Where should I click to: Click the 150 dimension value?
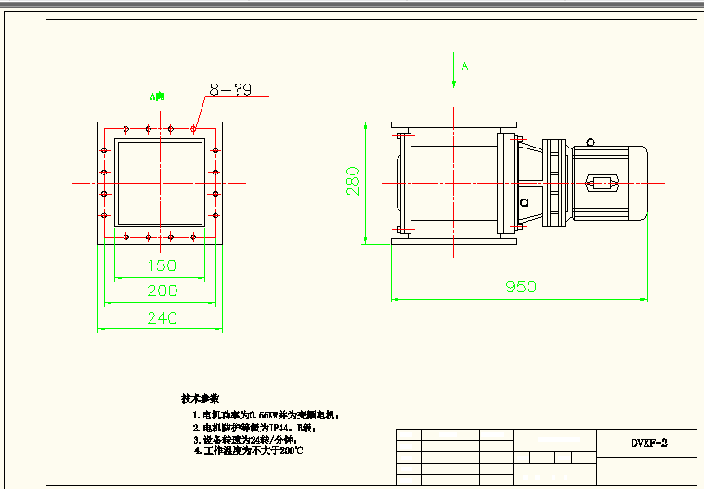[163, 265]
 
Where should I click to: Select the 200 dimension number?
[163, 290]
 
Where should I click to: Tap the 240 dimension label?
[163, 317]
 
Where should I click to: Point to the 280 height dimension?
[353, 182]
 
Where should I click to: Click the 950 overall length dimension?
[520, 287]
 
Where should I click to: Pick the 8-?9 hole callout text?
[230, 89]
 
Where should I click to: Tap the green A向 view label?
[157, 96]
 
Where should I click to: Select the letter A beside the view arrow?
[465, 67]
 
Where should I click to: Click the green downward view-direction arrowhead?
[453, 82]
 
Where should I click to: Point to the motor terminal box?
[602, 183]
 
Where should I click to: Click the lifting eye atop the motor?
[592, 143]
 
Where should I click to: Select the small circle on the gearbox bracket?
[526, 202]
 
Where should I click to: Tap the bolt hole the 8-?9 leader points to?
[193, 128]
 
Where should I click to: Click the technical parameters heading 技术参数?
[200, 398]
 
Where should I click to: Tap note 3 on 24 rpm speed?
[245, 439]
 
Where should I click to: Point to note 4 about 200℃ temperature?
[247, 450]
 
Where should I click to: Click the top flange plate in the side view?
[453, 124]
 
